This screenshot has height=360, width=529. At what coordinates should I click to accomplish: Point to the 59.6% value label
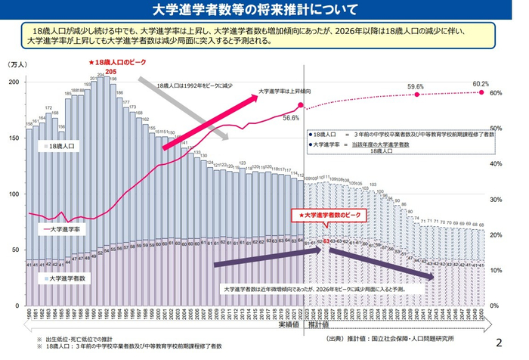(415, 87)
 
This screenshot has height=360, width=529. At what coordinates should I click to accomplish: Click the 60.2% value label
(481, 83)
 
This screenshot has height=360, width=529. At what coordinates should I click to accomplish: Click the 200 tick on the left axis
(13, 81)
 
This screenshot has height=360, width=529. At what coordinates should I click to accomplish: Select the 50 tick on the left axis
(14, 250)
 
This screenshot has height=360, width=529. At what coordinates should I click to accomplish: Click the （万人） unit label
(16, 66)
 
